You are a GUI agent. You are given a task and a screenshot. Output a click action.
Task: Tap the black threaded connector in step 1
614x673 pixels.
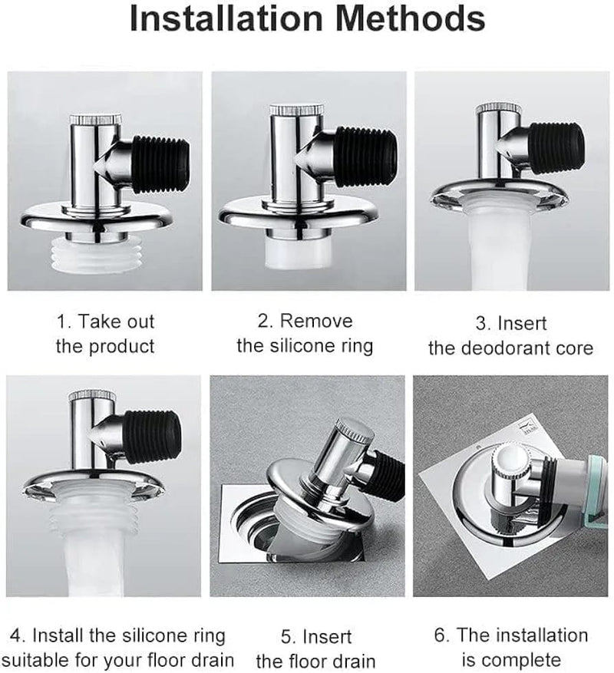[x=158, y=163]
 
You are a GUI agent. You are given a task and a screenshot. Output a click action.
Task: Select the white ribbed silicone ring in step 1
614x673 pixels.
[x=103, y=254]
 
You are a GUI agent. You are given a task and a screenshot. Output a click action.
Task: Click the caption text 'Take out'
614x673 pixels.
[x=105, y=321]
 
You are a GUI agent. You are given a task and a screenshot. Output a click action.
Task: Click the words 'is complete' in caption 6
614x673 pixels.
[x=510, y=659]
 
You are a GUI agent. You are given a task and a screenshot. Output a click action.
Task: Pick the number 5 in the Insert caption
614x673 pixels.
[x=288, y=636]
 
